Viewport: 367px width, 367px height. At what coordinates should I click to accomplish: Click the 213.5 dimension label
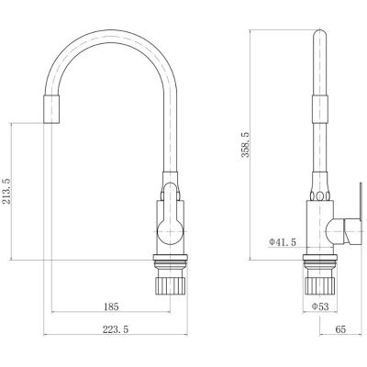click(6, 192)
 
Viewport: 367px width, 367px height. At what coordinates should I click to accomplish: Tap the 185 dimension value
click(111, 306)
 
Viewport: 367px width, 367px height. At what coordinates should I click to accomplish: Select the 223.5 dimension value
click(116, 329)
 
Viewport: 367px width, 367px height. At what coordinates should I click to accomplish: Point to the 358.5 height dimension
click(245, 145)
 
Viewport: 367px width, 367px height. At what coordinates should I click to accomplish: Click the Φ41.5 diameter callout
click(283, 242)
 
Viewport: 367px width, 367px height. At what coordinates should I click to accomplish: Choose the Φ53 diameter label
click(320, 306)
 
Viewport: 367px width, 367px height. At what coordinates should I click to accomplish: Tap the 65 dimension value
click(340, 329)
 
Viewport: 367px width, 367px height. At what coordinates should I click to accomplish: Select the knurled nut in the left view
click(171, 286)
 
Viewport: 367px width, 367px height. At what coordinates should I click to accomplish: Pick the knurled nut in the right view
click(319, 286)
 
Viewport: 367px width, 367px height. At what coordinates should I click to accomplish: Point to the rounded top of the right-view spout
click(320, 34)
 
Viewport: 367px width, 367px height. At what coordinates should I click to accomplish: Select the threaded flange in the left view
click(171, 261)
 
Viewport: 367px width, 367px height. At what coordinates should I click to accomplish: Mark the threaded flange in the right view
click(319, 261)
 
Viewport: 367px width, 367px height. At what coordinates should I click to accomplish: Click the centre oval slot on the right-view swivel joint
click(320, 195)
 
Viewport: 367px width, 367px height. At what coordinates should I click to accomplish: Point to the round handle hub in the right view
click(334, 231)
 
